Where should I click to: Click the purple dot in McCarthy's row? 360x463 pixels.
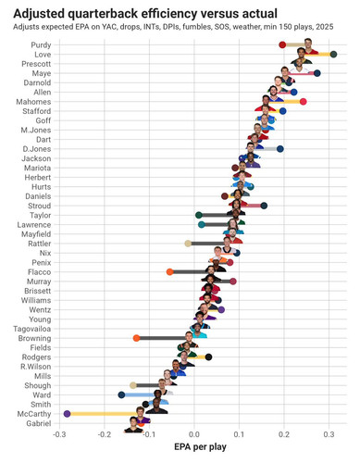(x=67, y=414)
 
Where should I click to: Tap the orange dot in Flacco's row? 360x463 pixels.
(x=169, y=272)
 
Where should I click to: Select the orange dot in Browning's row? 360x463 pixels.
(x=136, y=338)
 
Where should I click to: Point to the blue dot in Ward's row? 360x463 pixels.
(x=121, y=394)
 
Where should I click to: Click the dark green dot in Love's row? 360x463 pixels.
(x=333, y=55)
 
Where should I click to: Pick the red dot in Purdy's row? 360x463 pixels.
(x=282, y=44)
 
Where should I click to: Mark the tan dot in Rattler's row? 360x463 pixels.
(x=188, y=244)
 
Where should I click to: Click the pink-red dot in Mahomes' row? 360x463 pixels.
(x=304, y=102)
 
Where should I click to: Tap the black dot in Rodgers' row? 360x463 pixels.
(x=208, y=357)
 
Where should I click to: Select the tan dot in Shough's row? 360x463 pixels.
(x=133, y=385)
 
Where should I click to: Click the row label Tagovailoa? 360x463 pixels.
(x=31, y=329)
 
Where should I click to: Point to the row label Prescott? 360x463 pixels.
(x=36, y=64)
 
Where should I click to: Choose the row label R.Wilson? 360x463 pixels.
(x=36, y=367)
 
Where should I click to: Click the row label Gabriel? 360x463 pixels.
(x=39, y=423)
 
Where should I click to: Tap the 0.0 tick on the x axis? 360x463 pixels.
(x=194, y=434)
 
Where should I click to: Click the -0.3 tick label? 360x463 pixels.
(x=59, y=434)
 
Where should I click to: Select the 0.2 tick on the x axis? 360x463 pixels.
(x=284, y=434)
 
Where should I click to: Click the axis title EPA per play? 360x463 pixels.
(x=200, y=447)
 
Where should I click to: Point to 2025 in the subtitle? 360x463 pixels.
(x=325, y=27)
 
